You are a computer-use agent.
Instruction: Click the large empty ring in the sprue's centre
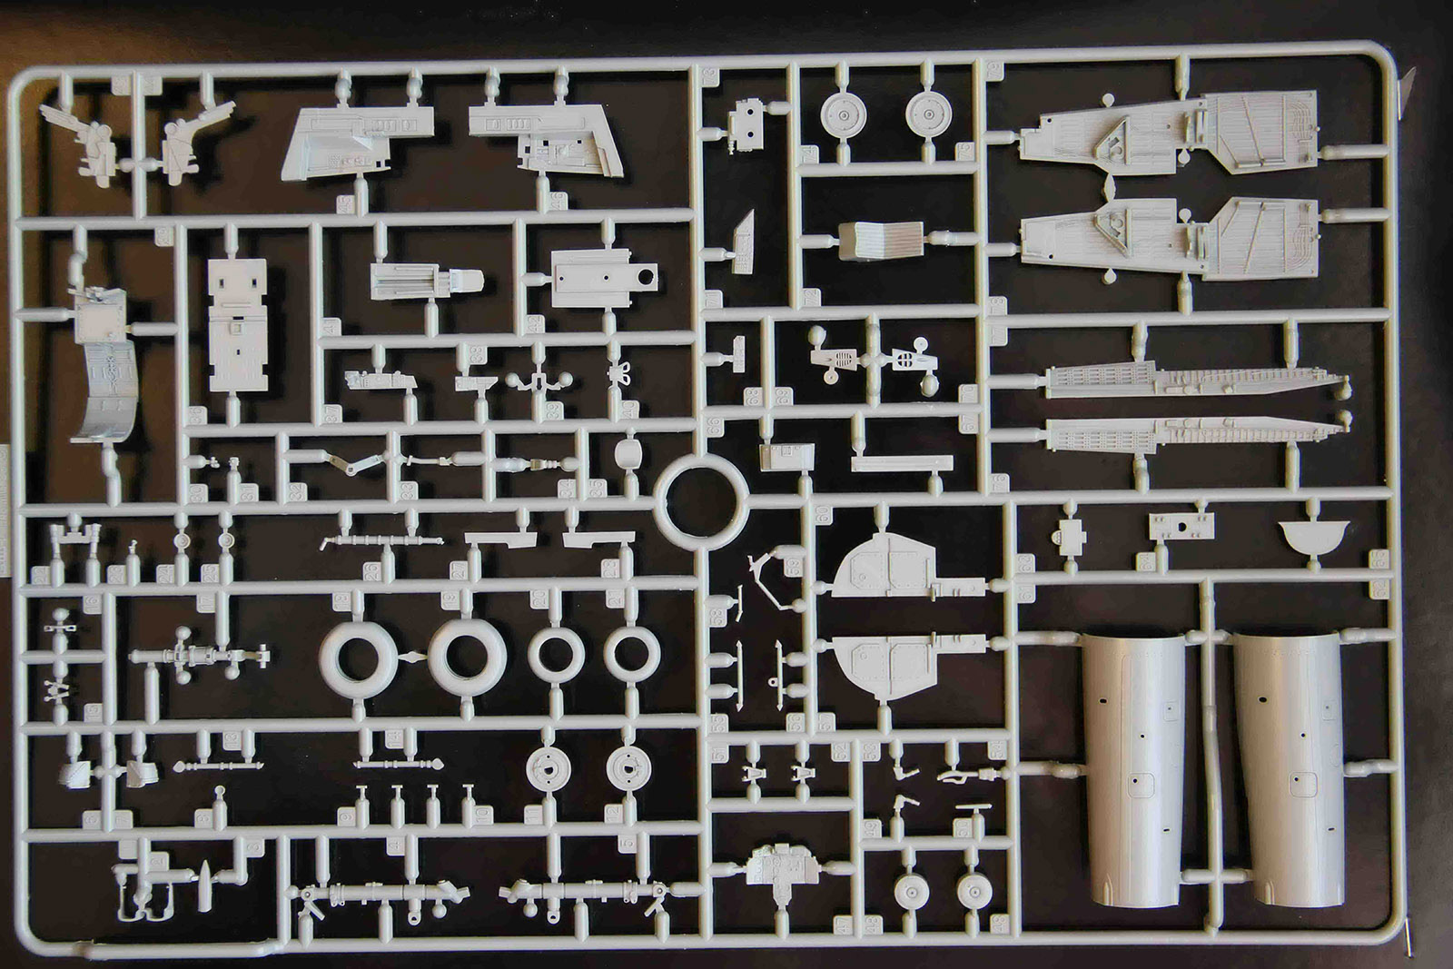[x=701, y=499]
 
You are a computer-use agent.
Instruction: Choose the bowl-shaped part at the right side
[x=1313, y=536]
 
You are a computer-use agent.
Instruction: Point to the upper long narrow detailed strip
[x=1194, y=381]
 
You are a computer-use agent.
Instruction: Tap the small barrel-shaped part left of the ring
[x=628, y=452]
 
